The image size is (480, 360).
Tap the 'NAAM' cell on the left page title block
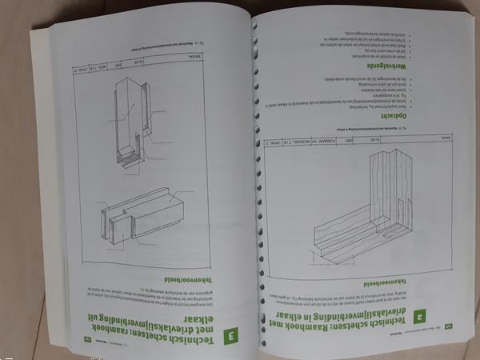pyautogui.click(x=193, y=55)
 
